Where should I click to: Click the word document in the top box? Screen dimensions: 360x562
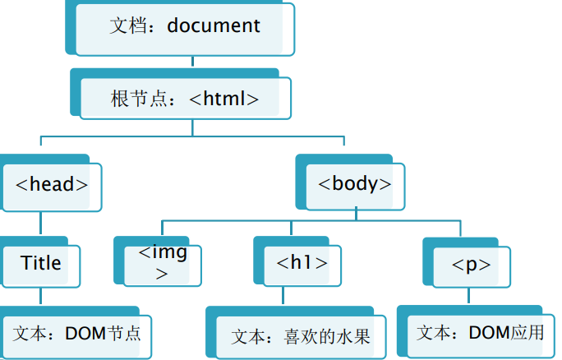coord(214,25)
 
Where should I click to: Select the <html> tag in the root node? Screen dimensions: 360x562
coord(224,99)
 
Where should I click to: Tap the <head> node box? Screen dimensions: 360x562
coord(52,183)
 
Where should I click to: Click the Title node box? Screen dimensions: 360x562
coord(41,263)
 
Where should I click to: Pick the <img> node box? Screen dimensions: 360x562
coord(162,262)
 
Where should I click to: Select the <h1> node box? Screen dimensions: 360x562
coord(297,263)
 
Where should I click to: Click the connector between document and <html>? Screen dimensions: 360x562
coord(192,62)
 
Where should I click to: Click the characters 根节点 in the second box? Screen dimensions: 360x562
coord(142,99)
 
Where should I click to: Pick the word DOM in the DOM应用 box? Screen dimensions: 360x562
coord(488,333)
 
